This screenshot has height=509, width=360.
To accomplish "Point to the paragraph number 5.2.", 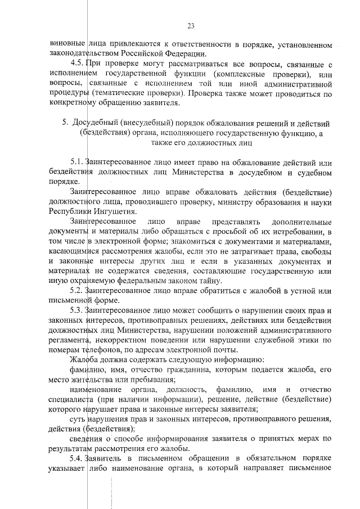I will tap(77, 290).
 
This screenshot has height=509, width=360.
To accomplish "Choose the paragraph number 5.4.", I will tap(77, 459).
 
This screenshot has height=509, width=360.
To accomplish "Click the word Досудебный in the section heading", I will tap(96, 123).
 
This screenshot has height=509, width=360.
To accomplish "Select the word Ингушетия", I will tap(116, 212).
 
